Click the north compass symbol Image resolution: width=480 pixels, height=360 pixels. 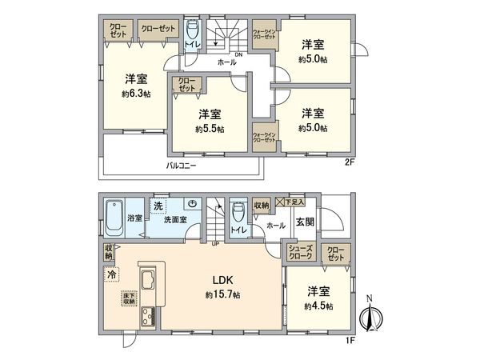point(369,314)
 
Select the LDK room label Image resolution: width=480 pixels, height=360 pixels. point(222,280)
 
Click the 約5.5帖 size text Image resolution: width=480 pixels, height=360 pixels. point(210,128)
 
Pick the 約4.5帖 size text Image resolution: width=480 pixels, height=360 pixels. point(318,306)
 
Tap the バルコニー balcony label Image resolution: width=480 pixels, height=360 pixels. point(182,166)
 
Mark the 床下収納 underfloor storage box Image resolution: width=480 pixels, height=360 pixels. point(129,300)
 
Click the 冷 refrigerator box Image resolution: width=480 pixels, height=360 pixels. point(110,274)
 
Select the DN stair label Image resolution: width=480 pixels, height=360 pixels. point(238,54)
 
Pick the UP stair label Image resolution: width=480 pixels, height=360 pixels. point(214,243)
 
